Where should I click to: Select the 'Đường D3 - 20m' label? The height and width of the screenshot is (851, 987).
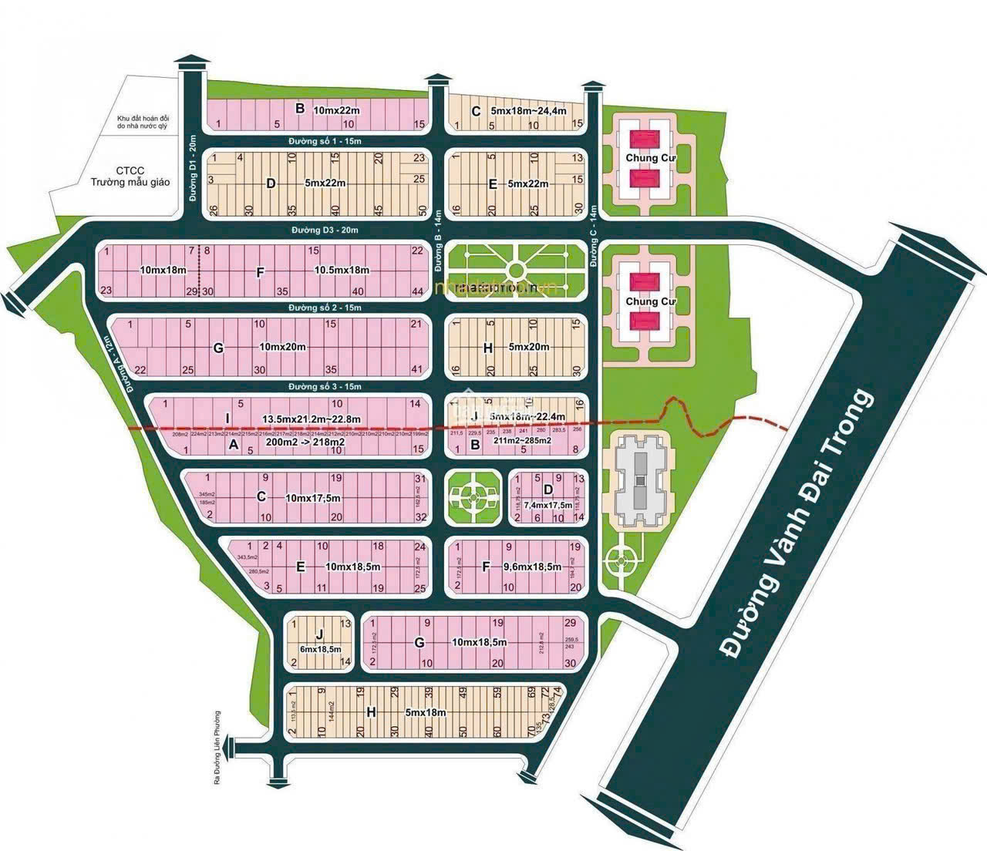[325, 230]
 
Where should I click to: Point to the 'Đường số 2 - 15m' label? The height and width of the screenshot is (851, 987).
[325, 308]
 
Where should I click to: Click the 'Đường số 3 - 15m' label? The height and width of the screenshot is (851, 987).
[325, 386]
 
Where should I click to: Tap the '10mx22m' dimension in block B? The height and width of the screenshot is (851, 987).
[337, 110]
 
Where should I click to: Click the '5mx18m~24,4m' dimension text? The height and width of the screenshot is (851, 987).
[528, 111]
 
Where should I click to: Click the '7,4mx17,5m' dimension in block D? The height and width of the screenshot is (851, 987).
[547, 504]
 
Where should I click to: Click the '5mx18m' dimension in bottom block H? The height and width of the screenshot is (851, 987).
[425, 713]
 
